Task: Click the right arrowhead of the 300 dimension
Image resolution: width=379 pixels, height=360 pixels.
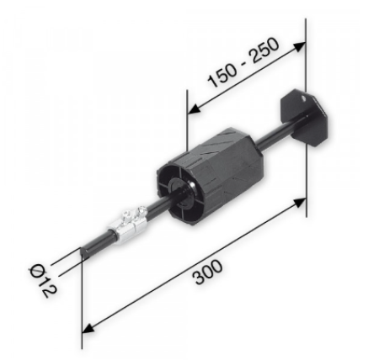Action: coord(302,203)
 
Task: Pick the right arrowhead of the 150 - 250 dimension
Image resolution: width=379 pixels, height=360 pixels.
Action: coord(301,43)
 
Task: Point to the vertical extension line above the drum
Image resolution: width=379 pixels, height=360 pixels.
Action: coord(185,118)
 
